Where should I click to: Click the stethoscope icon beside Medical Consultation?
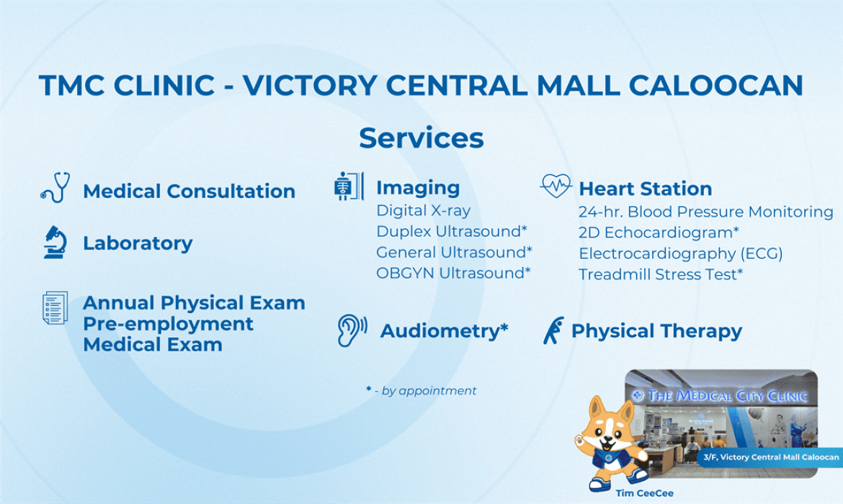(56, 187)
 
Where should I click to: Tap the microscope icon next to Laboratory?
(55, 243)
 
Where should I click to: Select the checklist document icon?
(55, 308)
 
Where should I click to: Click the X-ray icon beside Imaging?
(349, 186)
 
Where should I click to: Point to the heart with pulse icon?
(556, 186)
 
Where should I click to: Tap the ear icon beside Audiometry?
(352, 330)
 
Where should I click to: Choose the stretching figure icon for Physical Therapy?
(553, 330)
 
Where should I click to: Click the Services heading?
(421, 138)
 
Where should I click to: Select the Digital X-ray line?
(423, 210)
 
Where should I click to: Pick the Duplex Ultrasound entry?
(452, 231)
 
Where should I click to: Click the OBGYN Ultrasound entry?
(453, 273)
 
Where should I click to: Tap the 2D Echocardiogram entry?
(659, 233)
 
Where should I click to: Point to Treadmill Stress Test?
(661, 274)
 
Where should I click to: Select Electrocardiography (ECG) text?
(681, 253)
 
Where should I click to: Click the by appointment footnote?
(421, 391)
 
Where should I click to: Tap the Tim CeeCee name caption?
(645, 492)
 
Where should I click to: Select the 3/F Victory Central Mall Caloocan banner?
(770, 457)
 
